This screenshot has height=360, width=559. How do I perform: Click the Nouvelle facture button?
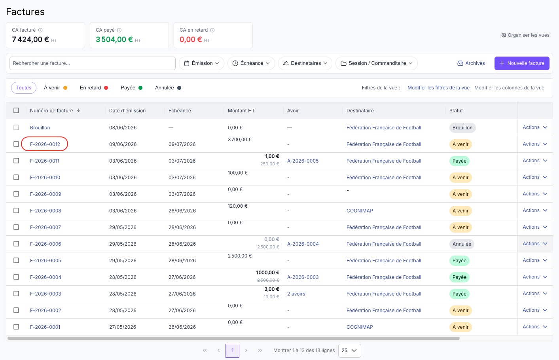[x=522, y=63]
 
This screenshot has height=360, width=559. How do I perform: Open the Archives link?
[x=471, y=63]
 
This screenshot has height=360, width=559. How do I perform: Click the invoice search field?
[x=92, y=63]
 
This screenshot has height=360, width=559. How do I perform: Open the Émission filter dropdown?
[x=201, y=63]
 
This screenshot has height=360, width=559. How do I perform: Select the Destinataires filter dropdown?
[x=305, y=63]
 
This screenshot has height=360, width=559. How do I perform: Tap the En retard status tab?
[x=94, y=88]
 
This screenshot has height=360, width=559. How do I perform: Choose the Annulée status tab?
[x=168, y=88]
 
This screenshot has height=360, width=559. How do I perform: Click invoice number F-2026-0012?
[x=45, y=144]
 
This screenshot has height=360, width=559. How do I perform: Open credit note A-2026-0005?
[x=303, y=161]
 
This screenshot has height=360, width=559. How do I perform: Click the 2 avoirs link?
[x=296, y=294]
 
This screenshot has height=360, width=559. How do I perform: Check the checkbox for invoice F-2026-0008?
[x=16, y=210]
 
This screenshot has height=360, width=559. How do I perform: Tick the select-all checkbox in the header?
[x=16, y=110]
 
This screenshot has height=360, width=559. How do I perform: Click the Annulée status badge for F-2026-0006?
[x=462, y=244]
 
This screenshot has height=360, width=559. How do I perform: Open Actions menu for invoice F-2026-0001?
[x=535, y=327]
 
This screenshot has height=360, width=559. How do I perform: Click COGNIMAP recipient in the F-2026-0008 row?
[x=360, y=211]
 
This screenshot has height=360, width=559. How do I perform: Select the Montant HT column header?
[x=241, y=110]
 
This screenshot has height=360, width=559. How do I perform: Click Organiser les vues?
[x=525, y=35]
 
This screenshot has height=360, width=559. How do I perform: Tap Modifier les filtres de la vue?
[x=438, y=88]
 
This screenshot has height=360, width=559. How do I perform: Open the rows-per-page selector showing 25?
[x=349, y=351]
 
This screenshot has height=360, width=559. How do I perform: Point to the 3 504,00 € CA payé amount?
[x=114, y=40]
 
